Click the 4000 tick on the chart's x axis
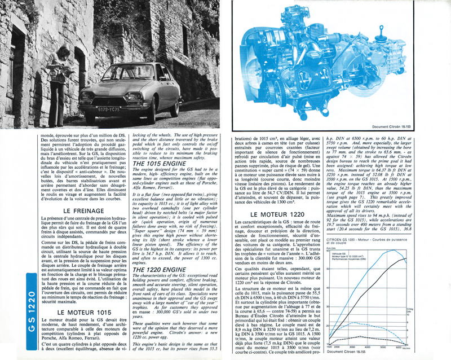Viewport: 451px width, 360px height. (366, 347)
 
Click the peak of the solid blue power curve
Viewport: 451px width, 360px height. (402, 258)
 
